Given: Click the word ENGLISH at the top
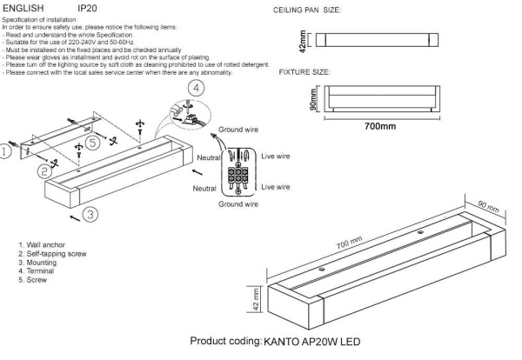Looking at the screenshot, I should point(23,7).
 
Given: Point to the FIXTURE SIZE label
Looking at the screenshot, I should point(304,72).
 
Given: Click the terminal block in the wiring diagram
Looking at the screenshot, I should point(237,172).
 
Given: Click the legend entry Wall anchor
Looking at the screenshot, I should point(44,246).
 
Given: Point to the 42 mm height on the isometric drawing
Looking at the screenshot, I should point(257,301).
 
